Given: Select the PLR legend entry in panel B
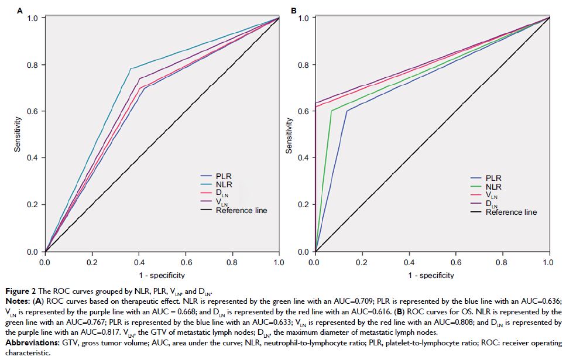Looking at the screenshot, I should (495, 178).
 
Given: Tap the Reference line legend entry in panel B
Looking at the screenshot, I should (511, 212).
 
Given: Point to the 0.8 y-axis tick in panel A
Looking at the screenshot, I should (33, 64).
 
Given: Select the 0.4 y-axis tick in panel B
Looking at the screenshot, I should (304, 158).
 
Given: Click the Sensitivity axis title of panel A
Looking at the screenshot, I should (18, 135).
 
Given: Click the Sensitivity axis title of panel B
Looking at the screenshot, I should (289, 135).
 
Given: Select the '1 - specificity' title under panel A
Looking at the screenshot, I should (162, 275).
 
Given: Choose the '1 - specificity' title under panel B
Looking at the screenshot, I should (431, 275).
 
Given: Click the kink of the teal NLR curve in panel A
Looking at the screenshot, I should (130, 68).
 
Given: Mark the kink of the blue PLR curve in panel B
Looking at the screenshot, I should (348, 111).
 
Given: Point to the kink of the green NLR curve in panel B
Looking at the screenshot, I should (332, 111).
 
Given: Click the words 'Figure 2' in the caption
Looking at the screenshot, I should (18, 291).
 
